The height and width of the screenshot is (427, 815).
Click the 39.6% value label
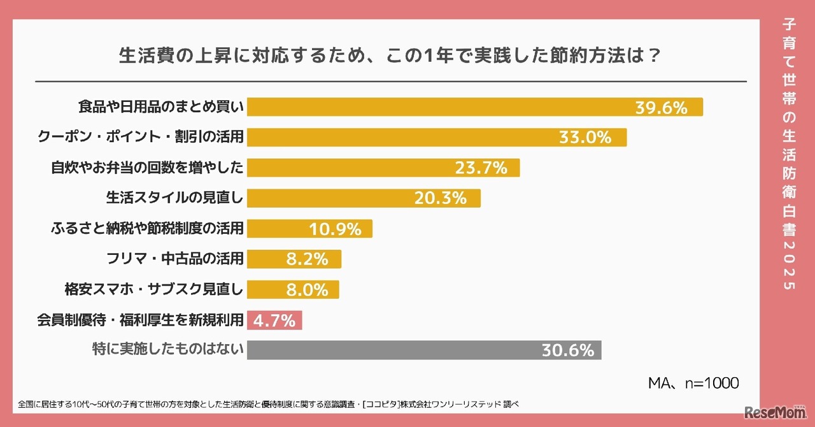pos(661,108)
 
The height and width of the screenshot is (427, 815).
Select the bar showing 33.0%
pos(437,138)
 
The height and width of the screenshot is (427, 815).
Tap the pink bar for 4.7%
pos(274,320)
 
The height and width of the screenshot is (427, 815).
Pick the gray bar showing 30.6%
pos(423,350)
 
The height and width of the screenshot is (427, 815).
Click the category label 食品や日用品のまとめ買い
pos(161,107)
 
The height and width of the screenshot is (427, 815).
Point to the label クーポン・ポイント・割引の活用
pos(141,137)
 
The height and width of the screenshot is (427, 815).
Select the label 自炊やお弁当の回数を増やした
pos(147,168)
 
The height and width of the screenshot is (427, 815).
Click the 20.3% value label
pos(441,198)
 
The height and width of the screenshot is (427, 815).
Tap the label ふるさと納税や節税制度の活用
pos(147,228)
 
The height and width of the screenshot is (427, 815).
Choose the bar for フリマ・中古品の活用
pos(294,259)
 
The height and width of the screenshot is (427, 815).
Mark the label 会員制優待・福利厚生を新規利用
pos(141,320)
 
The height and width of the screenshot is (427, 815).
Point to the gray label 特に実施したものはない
pos(169,350)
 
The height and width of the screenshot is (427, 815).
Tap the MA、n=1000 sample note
pos(693,383)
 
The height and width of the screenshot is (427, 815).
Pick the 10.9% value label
pos(335,229)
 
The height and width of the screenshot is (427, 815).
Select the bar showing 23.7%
pos(383,168)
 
